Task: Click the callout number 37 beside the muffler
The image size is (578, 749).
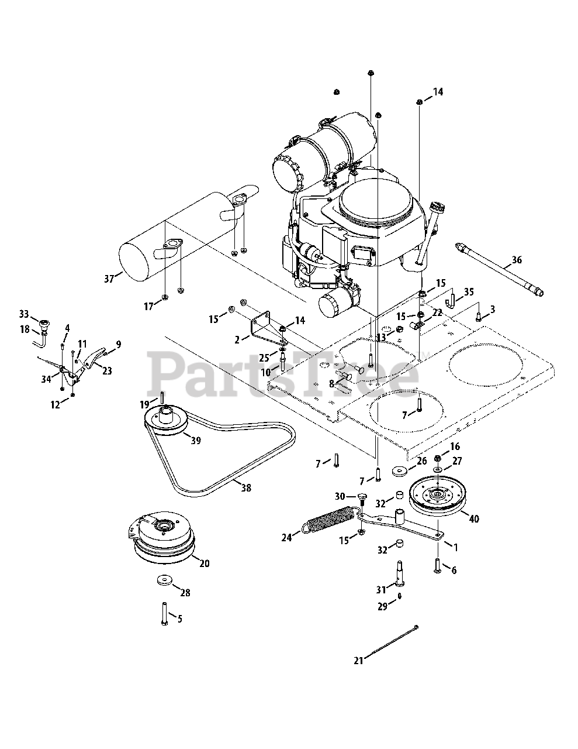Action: (x=109, y=279)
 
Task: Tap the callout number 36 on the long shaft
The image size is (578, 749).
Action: (x=516, y=260)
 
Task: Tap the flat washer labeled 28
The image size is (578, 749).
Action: (x=162, y=580)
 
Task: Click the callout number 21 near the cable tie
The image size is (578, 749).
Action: (x=358, y=661)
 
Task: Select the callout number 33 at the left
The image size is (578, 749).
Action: (x=23, y=314)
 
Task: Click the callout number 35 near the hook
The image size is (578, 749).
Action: (x=469, y=291)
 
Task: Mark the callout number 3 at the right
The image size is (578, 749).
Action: (x=493, y=308)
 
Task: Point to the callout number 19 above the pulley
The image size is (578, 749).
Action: (x=144, y=404)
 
